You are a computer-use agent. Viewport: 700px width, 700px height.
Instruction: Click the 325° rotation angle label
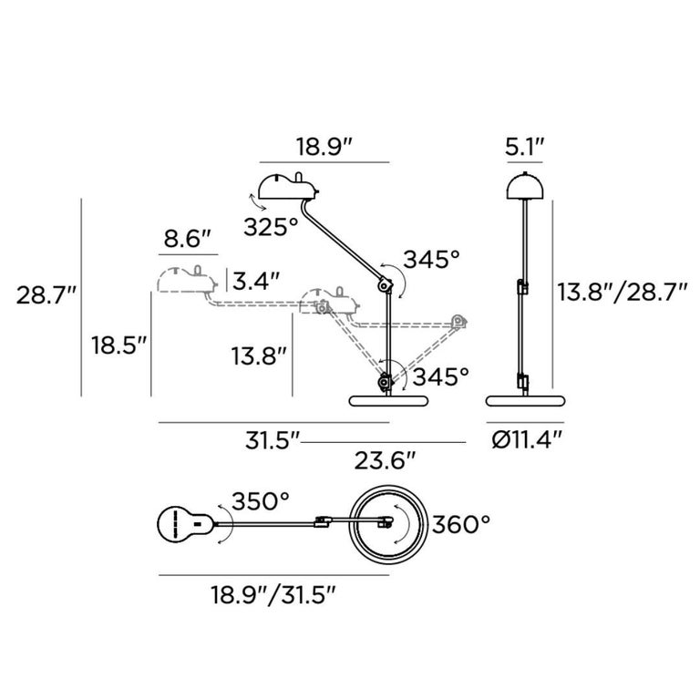pos(271,227)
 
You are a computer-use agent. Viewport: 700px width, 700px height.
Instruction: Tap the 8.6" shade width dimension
pos(187,239)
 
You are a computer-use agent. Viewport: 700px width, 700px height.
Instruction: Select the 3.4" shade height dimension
pos(256,282)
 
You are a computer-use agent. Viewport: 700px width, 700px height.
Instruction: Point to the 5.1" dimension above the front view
pos(525,147)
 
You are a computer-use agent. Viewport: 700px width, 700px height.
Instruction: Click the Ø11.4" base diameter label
pos(526,441)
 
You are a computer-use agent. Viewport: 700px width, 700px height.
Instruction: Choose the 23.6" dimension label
pos(386,460)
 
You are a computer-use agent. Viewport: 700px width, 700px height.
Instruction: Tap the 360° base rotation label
pos(460,524)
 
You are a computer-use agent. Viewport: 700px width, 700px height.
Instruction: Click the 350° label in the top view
pos(261,501)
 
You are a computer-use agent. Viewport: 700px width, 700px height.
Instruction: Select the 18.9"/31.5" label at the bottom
pos(273,595)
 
